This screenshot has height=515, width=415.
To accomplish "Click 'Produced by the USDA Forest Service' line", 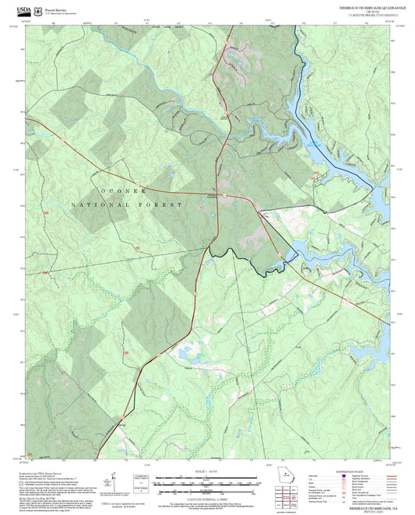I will [x=44, y=472].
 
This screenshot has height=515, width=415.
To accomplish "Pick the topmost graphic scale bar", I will [x=207, y=475].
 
